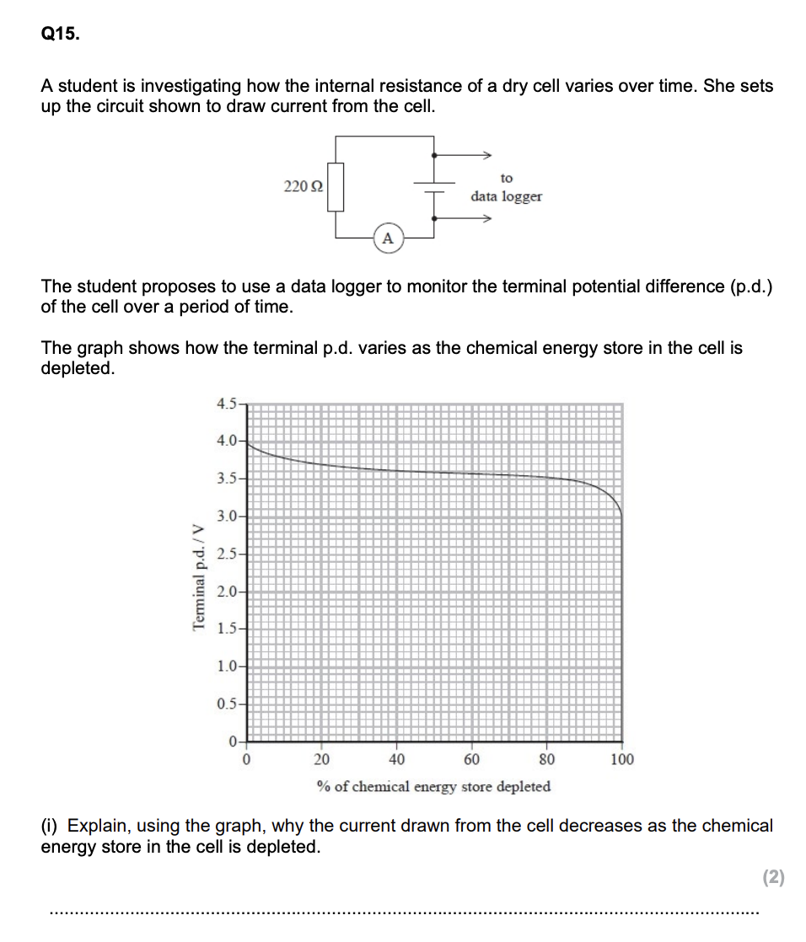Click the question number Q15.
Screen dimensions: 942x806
pos(58,35)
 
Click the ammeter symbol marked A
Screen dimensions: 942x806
pos(387,238)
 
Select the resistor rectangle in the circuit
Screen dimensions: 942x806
pos(336,188)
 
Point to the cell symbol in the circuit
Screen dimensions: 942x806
pos(433,187)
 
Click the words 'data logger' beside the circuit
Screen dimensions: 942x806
pos(506,196)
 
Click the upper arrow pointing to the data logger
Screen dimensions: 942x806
pos(485,155)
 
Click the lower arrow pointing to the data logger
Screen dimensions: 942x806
pos(485,219)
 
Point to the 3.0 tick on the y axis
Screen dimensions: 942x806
pos(226,516)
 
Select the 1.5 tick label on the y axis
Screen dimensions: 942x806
pos(226,629)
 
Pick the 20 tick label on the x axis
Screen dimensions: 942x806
pos(322,759)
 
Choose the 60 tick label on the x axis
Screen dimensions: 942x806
pos(472,759)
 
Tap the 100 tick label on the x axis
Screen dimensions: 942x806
pos(622,759)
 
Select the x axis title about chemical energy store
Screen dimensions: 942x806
pos(433,786)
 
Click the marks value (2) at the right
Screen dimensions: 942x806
pos(773,877)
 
